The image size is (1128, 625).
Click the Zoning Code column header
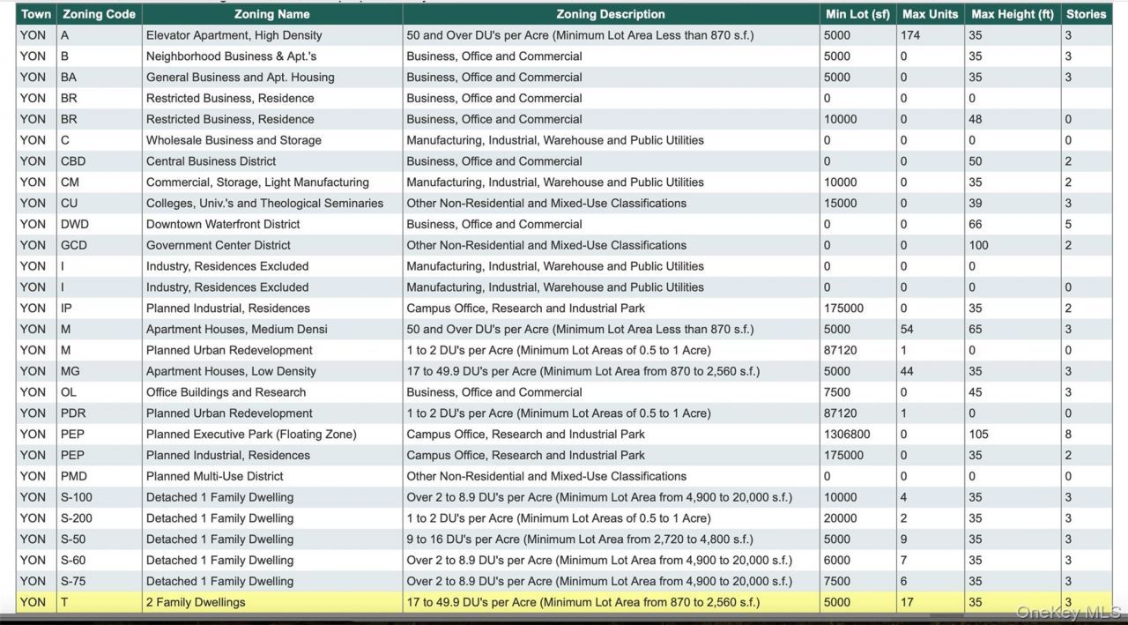coord(99,14)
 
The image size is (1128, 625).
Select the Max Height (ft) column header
coord(1012,14)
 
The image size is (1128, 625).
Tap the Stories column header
coord(1086,14)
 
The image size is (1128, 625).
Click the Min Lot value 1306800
coord(847,434)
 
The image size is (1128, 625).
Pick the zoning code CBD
coord(75,161)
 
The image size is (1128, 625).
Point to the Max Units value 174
coord(909,35)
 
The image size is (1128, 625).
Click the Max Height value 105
coord(978,434)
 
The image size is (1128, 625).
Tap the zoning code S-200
coord(77,518)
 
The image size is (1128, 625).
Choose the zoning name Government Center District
coord(218,245)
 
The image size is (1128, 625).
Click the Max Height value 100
coord(978,245)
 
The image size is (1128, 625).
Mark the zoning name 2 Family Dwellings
coord(196,602)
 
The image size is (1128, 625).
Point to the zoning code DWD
coord(75,224)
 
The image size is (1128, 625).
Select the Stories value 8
coord(1068,434)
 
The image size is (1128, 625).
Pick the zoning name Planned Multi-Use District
coord(214,476)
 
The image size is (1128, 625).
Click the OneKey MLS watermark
coord(1068,613)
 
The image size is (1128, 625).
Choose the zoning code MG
coord(70,371)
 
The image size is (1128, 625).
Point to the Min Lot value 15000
coord(840,203)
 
